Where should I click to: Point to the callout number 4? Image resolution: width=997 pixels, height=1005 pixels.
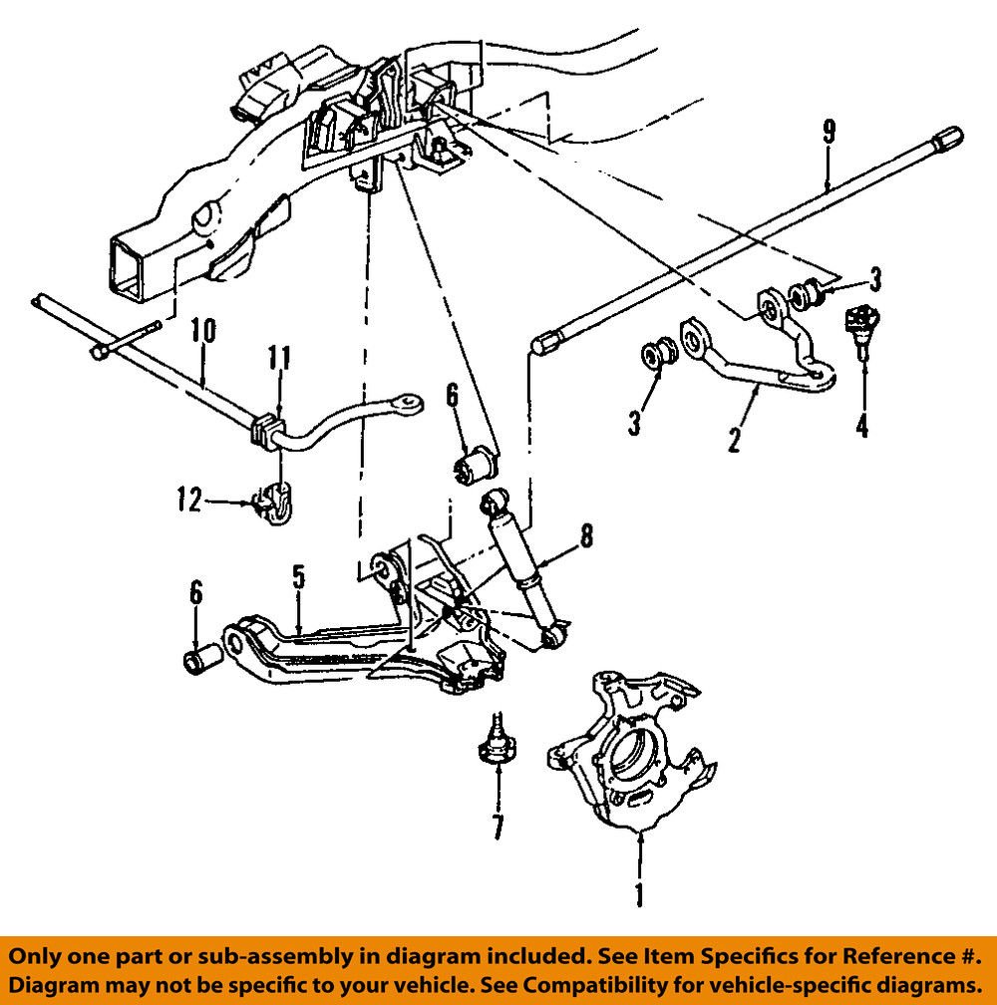[x=861, y=426]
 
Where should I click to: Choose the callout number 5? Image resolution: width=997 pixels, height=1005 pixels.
[x=297, y=575]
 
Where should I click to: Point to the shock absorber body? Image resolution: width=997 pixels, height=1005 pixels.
[x=520, y=567]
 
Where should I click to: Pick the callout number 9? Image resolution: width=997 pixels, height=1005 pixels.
[x=829, y=132]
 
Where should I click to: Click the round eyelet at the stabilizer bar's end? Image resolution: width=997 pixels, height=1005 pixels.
[x=405, y=403]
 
